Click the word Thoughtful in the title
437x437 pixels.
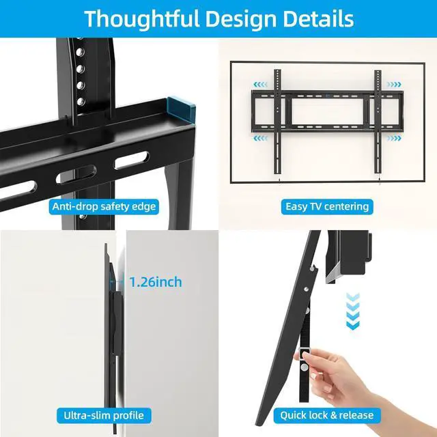click(x=141, y=19)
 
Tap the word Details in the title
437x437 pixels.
click(x=318, y=19)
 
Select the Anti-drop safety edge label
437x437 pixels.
click(x=104, y=206)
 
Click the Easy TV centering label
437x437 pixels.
click(x=327, y=206)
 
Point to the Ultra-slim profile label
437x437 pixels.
click(x=104, y=415)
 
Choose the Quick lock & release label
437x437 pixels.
click(x=327, y=415)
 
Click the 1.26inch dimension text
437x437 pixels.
click(x=156, y=282)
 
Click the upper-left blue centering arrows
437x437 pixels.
click(x=260, y=85)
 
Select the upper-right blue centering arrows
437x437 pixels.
click(x=394, y=85)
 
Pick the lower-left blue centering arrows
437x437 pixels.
click(x=260, y=138)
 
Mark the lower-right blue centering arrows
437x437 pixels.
click(x=394, y=138)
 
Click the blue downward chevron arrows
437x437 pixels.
click(x=352, y=311)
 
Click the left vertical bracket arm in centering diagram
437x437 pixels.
click(x=277, y=122)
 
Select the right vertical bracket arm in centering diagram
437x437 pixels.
click(x=378, y=122)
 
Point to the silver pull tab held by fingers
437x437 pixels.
click(x=305, y=353)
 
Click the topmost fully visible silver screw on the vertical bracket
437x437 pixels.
click(x=80, y=52)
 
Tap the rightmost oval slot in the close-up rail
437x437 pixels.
click(x=132, y=160)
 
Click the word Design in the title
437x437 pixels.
click(x=241, y=20)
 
